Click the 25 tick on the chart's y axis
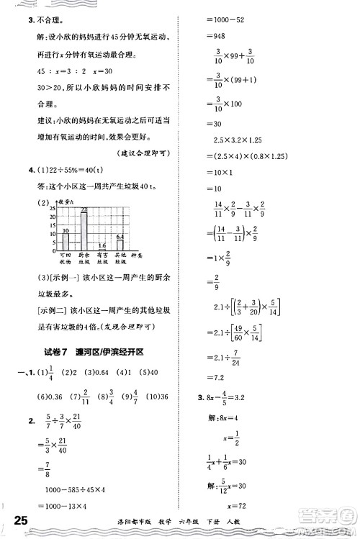[x=53, y=207]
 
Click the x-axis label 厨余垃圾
[x=84, y=259]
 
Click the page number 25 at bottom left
[x=15, y=520]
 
